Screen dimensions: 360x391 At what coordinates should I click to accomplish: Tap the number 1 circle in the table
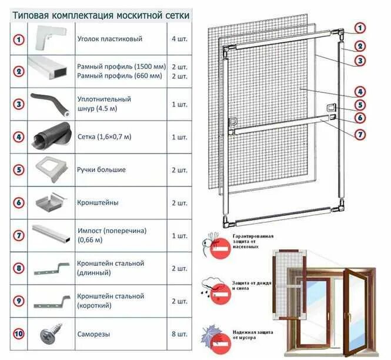(x=19, y=39)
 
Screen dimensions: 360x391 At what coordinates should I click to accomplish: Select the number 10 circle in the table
(x=19, y=334)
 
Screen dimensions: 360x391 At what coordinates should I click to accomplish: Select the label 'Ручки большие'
(x=101, y=170)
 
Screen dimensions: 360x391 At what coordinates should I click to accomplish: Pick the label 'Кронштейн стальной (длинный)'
(x=111, y=268)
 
